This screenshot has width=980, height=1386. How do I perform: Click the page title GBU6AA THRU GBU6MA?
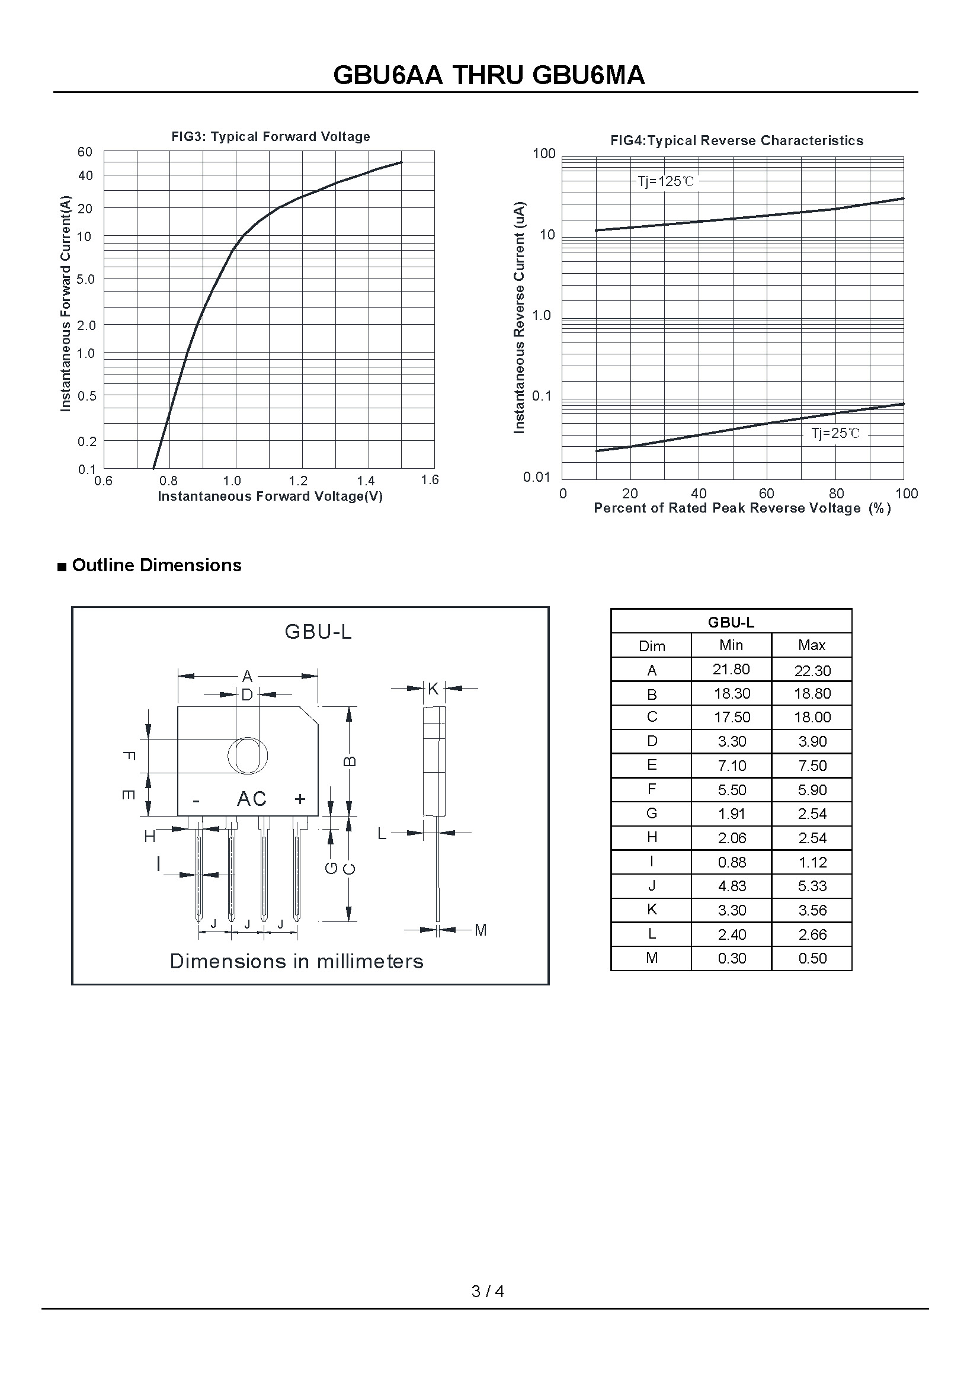[489, 75]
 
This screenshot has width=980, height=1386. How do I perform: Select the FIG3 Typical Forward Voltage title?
[270, 136]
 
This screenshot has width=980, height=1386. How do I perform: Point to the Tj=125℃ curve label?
[665, 181]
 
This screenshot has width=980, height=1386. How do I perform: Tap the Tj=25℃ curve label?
[835, 433]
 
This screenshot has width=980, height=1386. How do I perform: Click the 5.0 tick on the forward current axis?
[86, 280]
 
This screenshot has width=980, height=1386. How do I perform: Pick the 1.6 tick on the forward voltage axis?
[430, 480]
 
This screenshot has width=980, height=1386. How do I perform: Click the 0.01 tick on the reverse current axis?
[536, 478]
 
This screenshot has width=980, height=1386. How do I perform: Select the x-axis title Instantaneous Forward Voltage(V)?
[270, 496]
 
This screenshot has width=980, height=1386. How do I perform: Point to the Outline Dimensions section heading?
[156, 565]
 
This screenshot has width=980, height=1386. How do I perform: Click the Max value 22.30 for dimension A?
[812, 671]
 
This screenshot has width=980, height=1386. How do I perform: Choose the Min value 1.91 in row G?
[731, 814]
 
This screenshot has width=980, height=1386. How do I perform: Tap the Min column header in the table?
[731, 645]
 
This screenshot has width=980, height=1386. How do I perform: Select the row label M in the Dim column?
[652, 958]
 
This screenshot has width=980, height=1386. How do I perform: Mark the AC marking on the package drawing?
[252, 799]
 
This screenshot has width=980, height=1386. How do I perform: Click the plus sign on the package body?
[300, 799]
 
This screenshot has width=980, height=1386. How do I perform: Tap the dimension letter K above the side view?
[433, 688]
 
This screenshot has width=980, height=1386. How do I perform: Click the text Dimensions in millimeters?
[296, 961]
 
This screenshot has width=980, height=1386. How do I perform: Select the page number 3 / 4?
[488, 1291]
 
